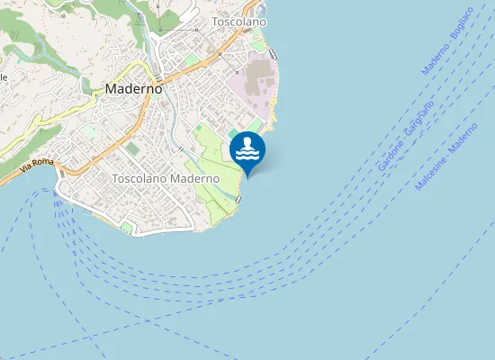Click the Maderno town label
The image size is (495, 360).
[133, 89]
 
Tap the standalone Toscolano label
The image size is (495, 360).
[238, 21]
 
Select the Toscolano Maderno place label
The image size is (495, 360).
[166, 179]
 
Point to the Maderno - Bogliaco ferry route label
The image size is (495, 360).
[447, 53]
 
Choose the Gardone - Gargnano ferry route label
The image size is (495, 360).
[406, 135]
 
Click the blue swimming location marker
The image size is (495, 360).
[247, 150]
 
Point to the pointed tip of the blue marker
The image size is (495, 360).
[247, 176]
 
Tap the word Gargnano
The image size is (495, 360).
[418, 118]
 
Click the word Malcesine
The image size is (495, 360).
[430, 174]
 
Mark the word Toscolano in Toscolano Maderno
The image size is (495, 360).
[139, 179]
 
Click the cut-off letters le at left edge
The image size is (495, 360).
[4, 77]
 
